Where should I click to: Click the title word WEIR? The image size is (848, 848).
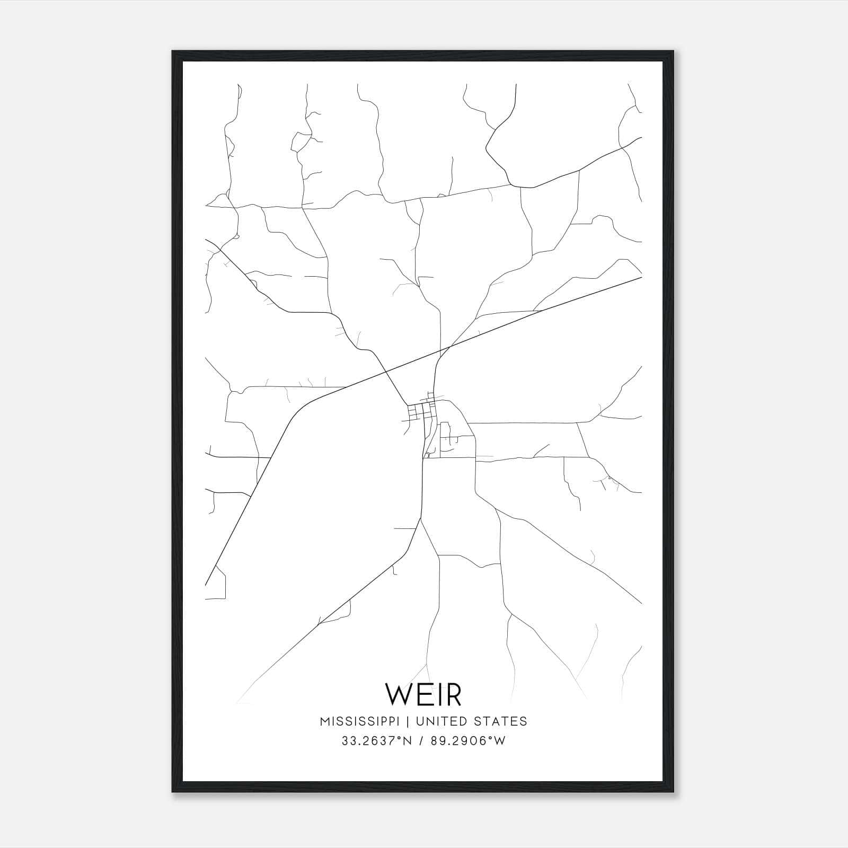click(423, 695)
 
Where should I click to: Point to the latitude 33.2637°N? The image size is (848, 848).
click(376, 741)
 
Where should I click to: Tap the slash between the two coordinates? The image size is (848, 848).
click(422, 741)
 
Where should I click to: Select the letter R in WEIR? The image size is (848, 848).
click(454, 695)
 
